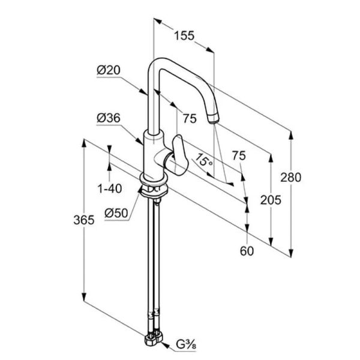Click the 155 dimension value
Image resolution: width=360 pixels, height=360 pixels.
(184, 35)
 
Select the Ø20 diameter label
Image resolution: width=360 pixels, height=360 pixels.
(109, 70)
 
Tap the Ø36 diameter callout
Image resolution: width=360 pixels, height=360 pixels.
(109, 118)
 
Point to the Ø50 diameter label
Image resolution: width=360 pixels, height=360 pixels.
(116, 213)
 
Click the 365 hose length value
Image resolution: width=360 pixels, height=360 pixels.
(84, 220)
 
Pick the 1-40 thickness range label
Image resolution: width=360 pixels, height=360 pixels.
(110, 189)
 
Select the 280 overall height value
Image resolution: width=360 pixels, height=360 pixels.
(290, 178)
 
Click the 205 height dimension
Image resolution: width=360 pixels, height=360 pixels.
(271, 200)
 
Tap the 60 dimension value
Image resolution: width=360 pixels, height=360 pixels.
(247, 251)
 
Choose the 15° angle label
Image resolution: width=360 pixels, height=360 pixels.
(203, 160)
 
